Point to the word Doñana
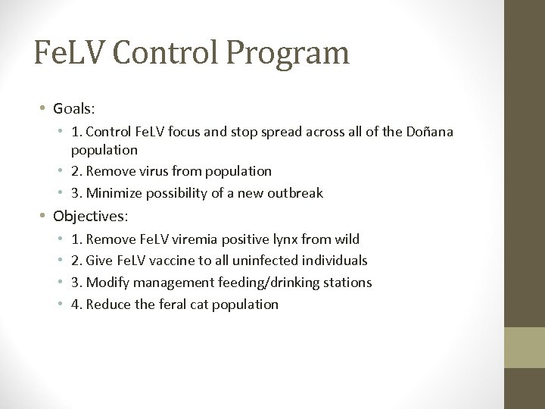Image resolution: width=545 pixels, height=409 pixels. (430, 133)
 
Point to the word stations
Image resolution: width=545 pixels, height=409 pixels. (347, 282)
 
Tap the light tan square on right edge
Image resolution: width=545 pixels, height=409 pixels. (524, 348)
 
